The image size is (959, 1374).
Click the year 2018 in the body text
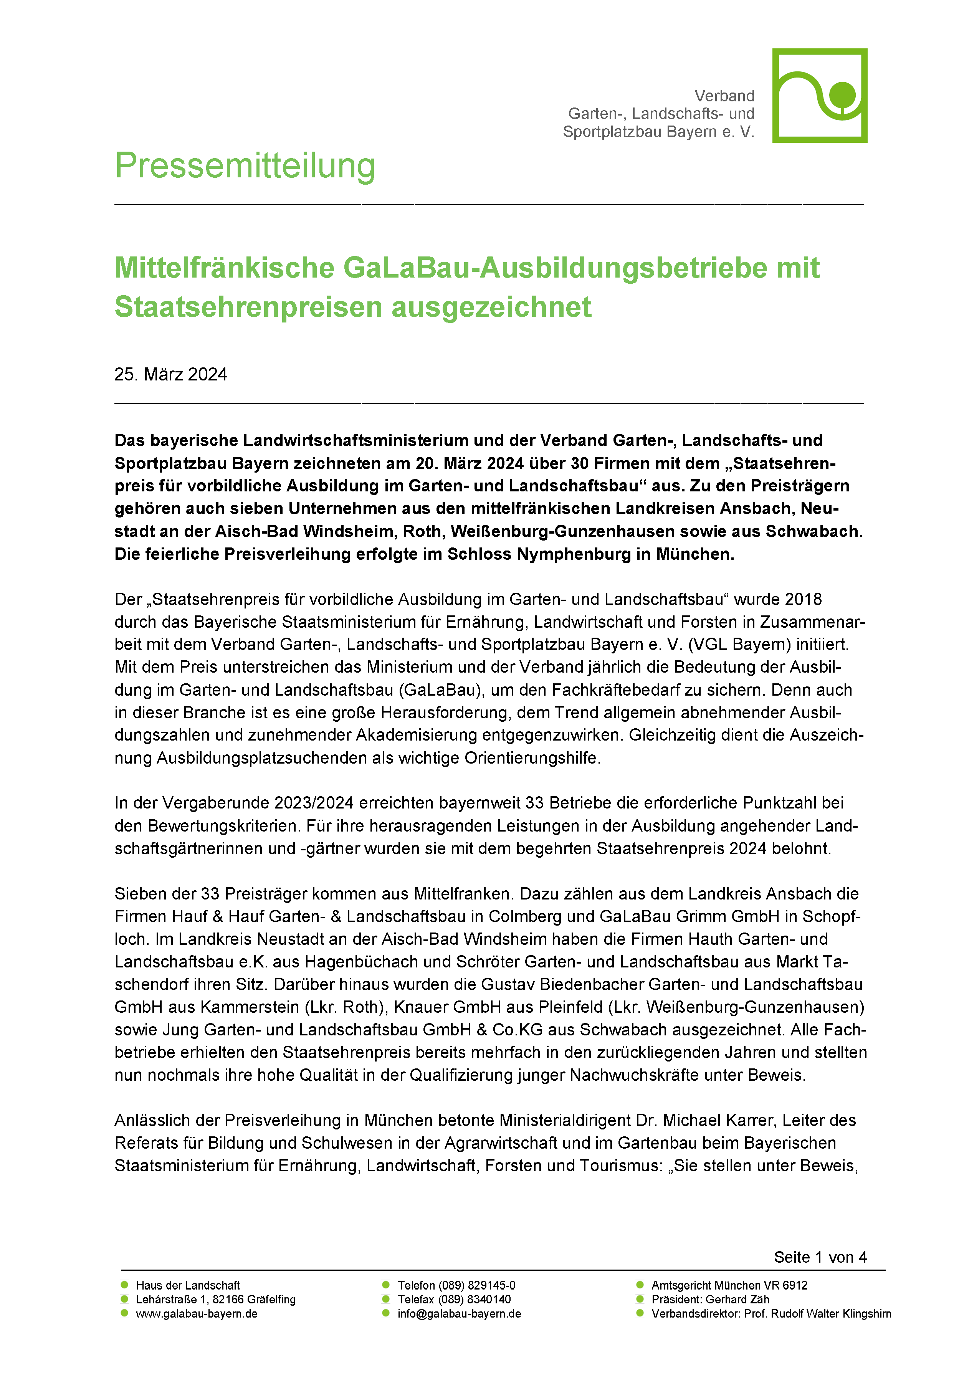[x=804, y=600]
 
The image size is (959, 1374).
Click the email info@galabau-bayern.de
[x=459, y=1314]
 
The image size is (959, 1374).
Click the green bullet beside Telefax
[x=386, y=1299]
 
